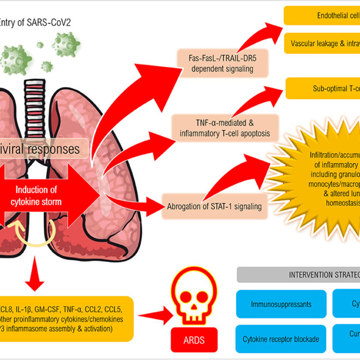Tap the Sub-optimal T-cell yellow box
click(322, 88)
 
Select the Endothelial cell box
click(322, 16)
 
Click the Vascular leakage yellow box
click(322, 43)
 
